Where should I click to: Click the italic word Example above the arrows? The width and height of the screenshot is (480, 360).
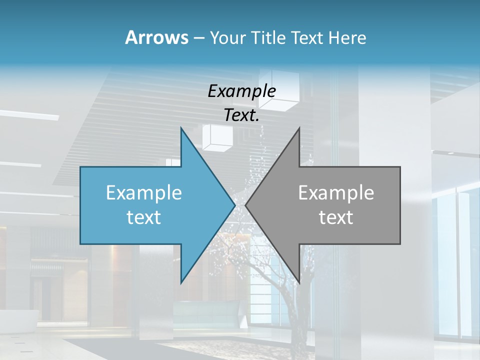click(x=242, y=91)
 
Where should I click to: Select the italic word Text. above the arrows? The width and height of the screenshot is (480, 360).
click(x=242, y=115)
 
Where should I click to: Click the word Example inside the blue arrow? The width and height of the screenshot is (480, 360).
click(x=144, y=193)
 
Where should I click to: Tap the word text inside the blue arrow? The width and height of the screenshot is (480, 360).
click(x=144, y=217)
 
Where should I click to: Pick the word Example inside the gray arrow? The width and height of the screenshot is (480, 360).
click(x=336, y=193)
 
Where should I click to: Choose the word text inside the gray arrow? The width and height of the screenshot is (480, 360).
click(x=336, y=217)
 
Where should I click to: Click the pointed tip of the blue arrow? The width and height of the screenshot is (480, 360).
click(x=235, y=205)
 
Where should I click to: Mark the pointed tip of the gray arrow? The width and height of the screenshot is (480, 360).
click(x=245, y=205)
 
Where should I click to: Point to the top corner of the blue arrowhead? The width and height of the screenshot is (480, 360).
click(x=181, y=128)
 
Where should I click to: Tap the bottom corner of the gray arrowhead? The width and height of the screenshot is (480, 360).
click(x=299, y=283)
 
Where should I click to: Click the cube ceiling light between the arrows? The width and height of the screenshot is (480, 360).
click(x=216, y=136)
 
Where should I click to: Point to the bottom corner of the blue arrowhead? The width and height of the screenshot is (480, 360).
click(x=181, y=283)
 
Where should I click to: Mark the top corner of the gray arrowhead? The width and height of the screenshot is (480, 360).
click(x=299, y=128)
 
